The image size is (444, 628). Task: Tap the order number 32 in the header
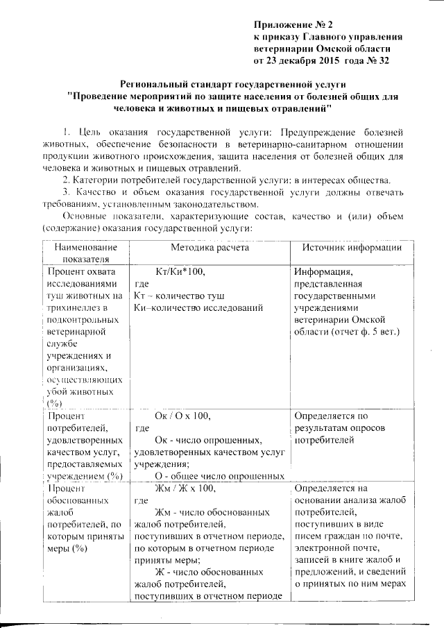[x=394, y=61]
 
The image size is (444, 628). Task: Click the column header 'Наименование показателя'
[x=83, y=253]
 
